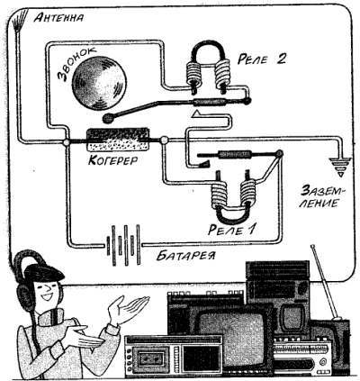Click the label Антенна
pyautogui.click(x=58, y=17)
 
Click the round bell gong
pyautogui.click(x=99, y=83)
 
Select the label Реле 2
pyautogui.click(x=261, y=59)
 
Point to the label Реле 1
pyautogui.click(x=231, y=230)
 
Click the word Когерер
pyautogui.click(x=113, y=159)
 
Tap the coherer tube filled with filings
pyautogui.click(x=118, y=140)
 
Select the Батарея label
pyautogui.click(x=186, y=256)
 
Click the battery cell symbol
pyautogui.click(x=123, y=245)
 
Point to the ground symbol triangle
pyautogui.click(x=340, y=167)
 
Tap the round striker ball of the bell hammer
pyautogui.click(x=108, y=118)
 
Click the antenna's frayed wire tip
pyautogui.click(x=20, y=20)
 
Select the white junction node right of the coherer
pyautogui.click(x=164, y=140)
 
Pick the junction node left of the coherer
pyautogui.click(x=67, y=141)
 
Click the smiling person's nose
pyautogui.click(x=47, y=289)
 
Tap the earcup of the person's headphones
pyautogui.click(x=25, y=295)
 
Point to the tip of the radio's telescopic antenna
pyautogui.click(x=312, y=247)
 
